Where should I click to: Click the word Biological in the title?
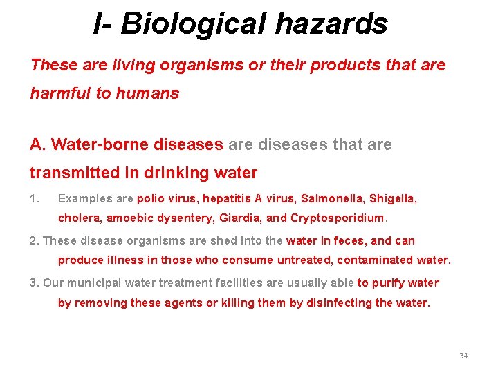pyautogui.click(x=195, y=23)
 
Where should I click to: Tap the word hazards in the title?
pyautogui.click(x=331, y=23)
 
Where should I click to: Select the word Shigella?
pyautogui.click(x=392, y=199)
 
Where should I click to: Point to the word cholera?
pyautogui.click(x=79, y=218)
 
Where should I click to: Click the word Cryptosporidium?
pyautogui.click(x=338, y=218)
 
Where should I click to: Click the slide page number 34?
pyautogui.click(x=463, y=356)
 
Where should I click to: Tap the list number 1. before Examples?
pyautogui.click(x=35, y=199)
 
